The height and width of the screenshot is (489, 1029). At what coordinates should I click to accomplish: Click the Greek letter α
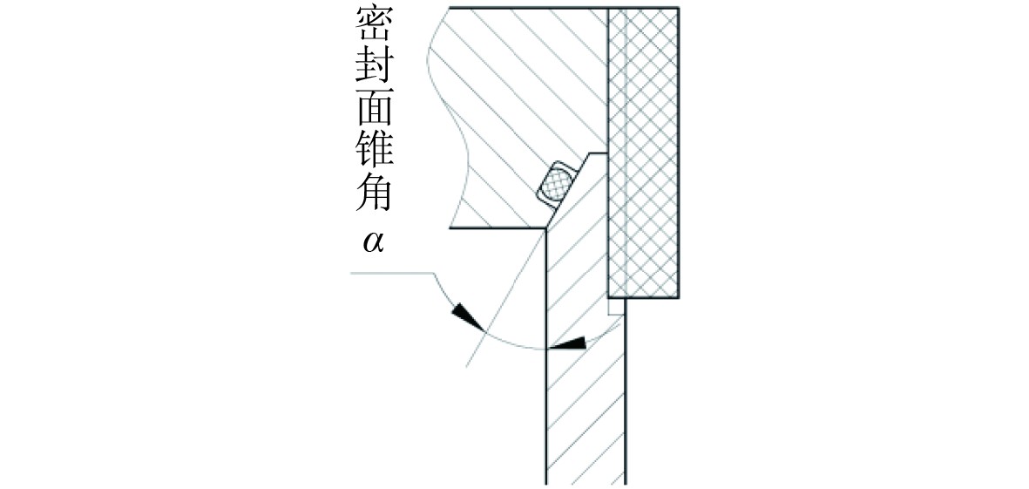click(x=374, y=241)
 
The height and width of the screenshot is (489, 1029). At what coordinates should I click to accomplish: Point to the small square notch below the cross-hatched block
click(x=616, y=307)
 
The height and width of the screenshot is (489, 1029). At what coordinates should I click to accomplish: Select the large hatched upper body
click(x=523, y=87)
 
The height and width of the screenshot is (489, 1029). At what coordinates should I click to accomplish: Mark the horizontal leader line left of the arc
click(x=392, y=274)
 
